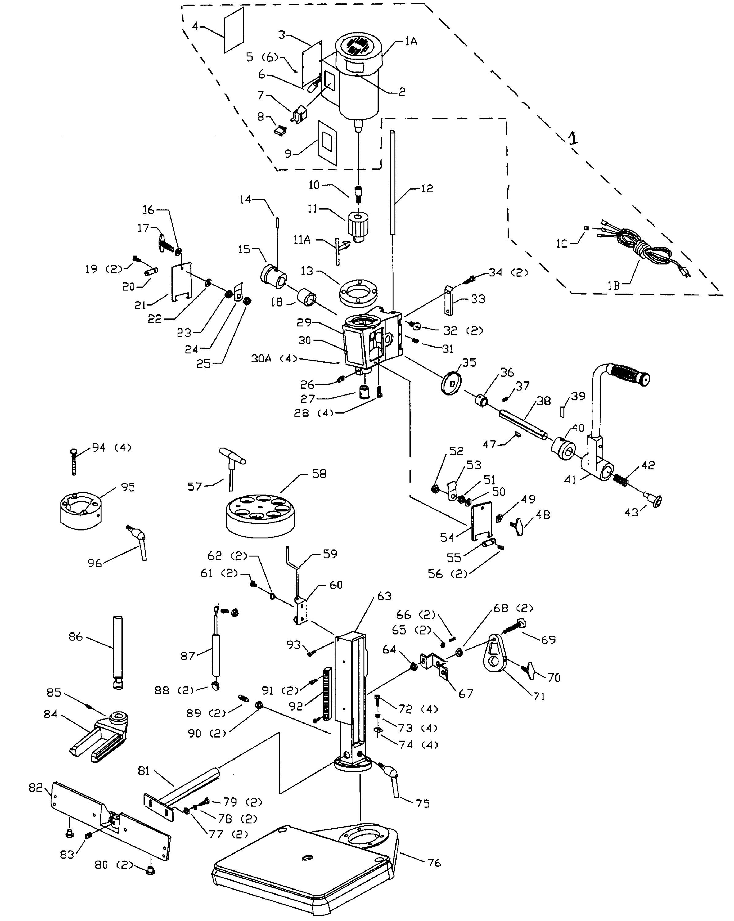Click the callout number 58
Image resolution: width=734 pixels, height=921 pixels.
pyautogui.click(x=319, y=474)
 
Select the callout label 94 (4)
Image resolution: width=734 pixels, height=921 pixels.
pyautogui.click(x=112, y=448)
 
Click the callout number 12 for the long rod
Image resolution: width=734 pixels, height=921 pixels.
pyautogui.click(x=427, y=188)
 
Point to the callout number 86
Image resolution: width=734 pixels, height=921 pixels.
pyautogui.click(x=75, y=637)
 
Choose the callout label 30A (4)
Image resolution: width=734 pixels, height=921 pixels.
pyautogui.click(x=274, y=358)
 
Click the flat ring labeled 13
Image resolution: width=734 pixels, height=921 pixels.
pyautogui.click(x=358, y=293)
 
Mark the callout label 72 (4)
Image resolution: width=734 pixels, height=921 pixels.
pyautogui.click(x=418, y=709)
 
